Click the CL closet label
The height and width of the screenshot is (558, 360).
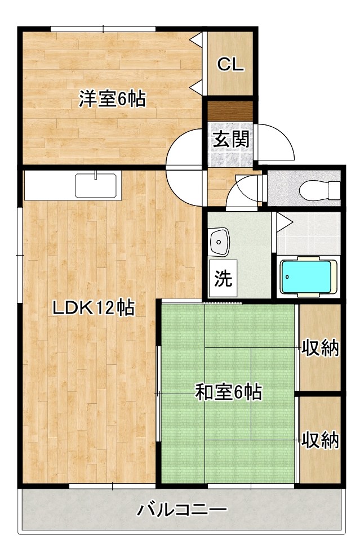click(231, 65)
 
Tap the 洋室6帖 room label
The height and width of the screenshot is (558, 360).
click(112, 99)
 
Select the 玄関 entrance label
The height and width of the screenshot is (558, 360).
click(231, 139)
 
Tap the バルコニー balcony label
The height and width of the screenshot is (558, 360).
click(182, 511)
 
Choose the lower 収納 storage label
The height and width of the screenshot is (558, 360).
click(320, 439)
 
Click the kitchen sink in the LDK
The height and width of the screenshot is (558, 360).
click(96, 185)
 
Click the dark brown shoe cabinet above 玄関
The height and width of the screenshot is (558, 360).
click(229, 110)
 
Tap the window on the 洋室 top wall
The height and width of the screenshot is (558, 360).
click(103, 29)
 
